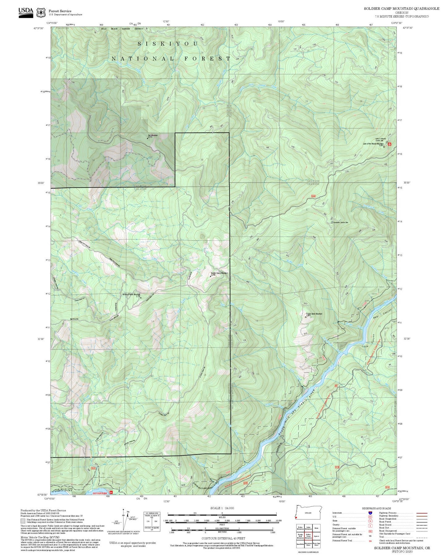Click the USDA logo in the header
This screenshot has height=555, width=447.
pyautogui.click(x=26, y=11)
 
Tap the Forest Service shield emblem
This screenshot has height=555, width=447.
pyautogui.click(x=41, y=13)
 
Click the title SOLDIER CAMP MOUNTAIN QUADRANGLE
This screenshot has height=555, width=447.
pyautogui.click(x=401, y=8)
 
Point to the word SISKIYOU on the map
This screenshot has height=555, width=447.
pyautogui.click(x=167, y=44)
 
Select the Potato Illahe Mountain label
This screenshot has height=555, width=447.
pyautogui.click(x=314, y=314)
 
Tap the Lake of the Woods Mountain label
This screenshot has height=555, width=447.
pyautogui.click(x=373, y=144)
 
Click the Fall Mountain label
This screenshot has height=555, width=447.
pyautogui.click(x=153, y=135)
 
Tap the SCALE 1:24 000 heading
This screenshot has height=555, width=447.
pyautogui.click(x=222, y=508)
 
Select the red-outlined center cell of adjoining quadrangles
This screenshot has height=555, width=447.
pyautogui.click(x=308, y=536)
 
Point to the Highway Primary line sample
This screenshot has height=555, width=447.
pyautogui.click(x=422, y=513)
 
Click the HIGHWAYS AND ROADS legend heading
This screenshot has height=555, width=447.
pyautogui.click(x=376, y=508)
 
